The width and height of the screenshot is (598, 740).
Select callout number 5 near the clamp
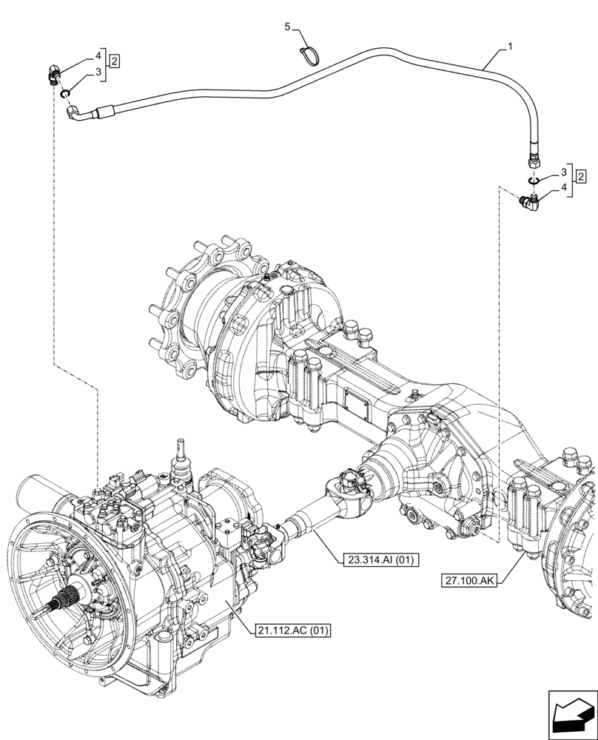point(289,27)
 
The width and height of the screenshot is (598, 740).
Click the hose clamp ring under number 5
point(312,54)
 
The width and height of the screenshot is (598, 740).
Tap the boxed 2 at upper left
point(115,59)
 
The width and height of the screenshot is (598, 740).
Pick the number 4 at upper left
point(97,55)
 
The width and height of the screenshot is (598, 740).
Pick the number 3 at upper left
point(97,73)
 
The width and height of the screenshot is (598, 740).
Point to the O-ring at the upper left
point(65,93)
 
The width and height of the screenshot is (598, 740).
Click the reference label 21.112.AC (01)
point(293,630)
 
